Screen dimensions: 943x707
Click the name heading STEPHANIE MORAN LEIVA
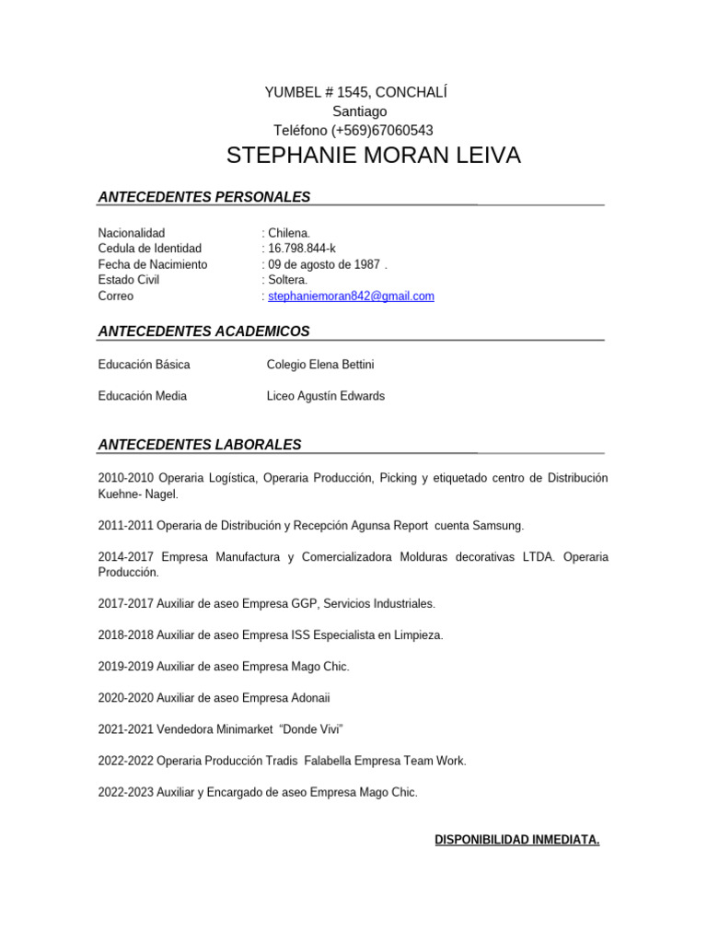(373, 156)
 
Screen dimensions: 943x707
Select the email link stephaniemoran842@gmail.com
(351, 297)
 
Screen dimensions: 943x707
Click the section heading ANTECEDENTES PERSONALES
(203, 197)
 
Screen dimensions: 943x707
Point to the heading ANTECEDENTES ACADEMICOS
(203, 332)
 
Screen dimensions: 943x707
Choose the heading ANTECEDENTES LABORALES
(199, 445)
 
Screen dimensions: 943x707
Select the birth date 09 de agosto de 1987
(323, 264)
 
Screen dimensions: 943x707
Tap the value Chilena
(289, 233)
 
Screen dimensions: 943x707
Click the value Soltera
(287, 280)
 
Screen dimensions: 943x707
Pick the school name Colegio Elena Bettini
(319, 365)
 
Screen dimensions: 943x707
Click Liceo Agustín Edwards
(325, 396)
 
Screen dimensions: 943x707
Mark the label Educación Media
(142, 396)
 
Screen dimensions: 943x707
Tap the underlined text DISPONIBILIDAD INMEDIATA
(516, 840)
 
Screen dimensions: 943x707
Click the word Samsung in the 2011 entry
(498, 526)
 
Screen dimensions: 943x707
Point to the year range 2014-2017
(126, 557)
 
